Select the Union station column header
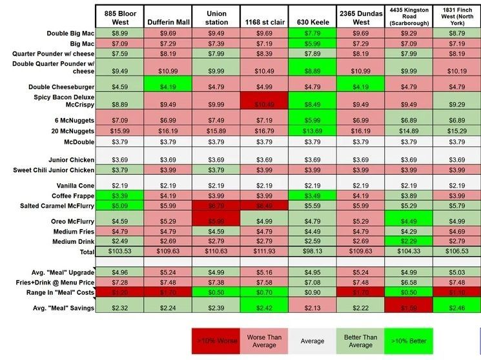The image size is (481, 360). tap(216, 17)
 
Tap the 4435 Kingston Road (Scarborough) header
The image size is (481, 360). tap(409, 17)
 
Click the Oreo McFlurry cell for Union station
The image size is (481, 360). tap(216, 220)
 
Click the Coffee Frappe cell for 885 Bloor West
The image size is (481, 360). tap(119, 195)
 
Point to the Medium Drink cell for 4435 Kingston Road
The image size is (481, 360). tap(409, 241)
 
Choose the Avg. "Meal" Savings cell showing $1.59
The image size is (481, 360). tap(409, 308)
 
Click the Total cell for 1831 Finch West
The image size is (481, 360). tap(457, 250)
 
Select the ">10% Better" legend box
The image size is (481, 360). tap(409, 340)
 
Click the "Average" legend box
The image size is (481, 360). tap(312, 340)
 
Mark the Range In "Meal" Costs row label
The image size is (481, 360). tap(59, 292)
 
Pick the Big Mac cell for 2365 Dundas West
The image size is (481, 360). tap(361, 43)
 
